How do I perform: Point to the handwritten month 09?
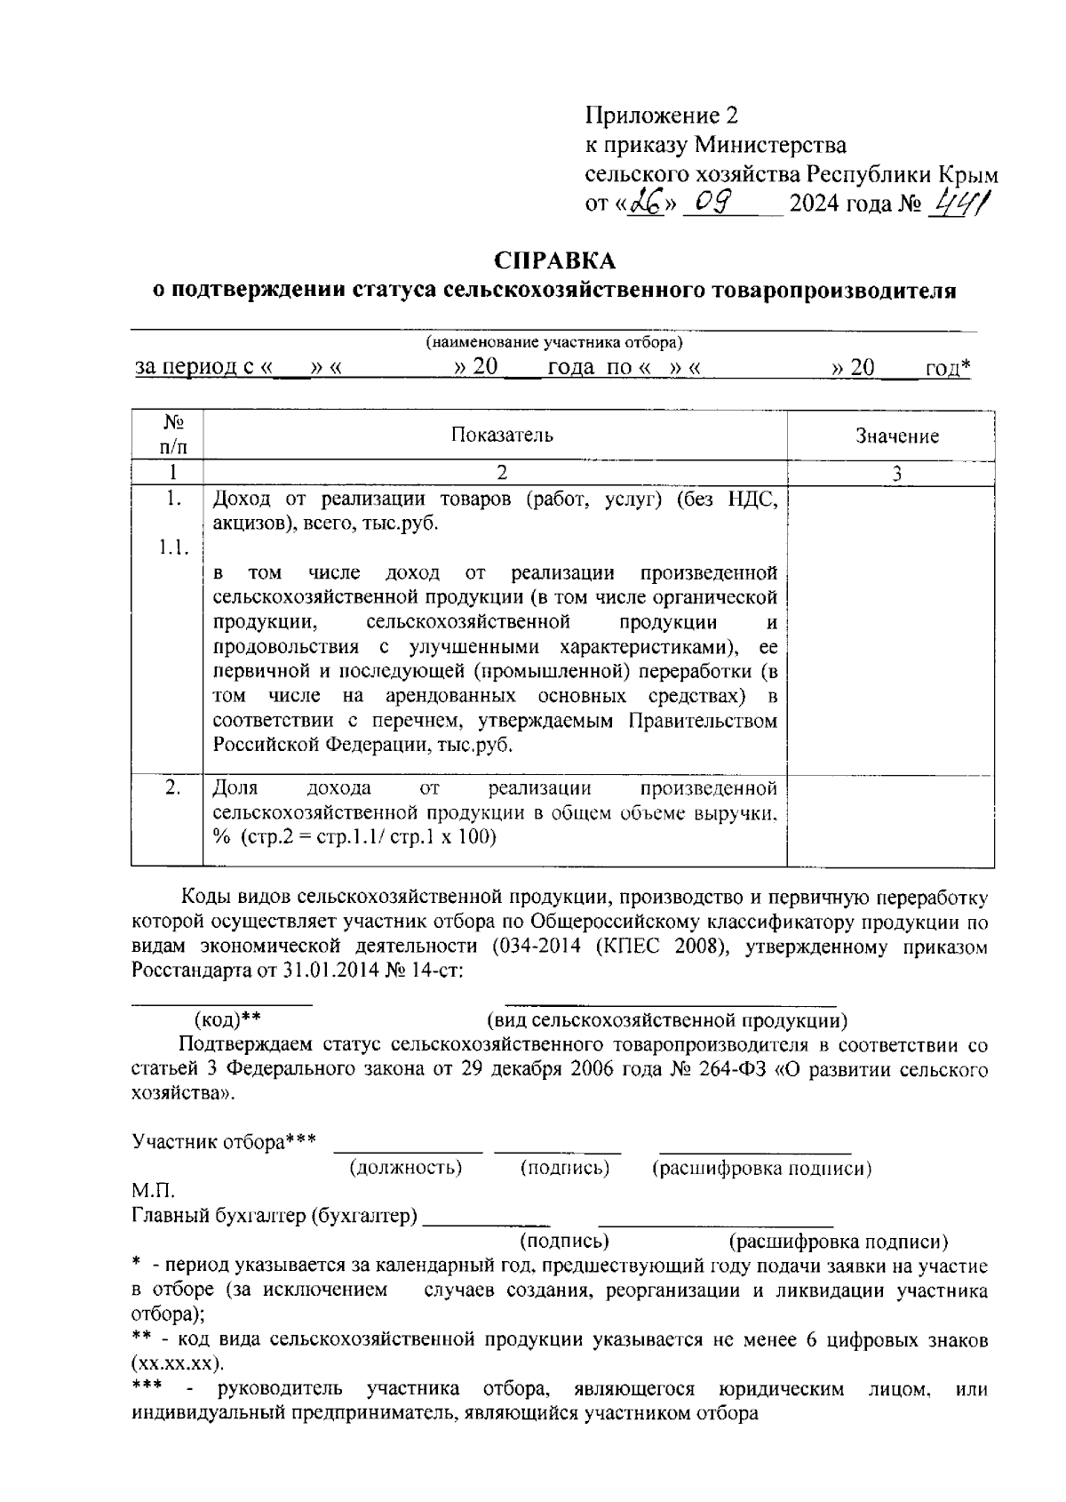(713, 204)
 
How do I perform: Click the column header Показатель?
(502, 435)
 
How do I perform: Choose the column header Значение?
(897, 436)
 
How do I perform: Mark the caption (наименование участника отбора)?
(553, 342)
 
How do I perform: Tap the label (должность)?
(406, 1168)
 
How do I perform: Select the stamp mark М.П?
(153, 1190)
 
